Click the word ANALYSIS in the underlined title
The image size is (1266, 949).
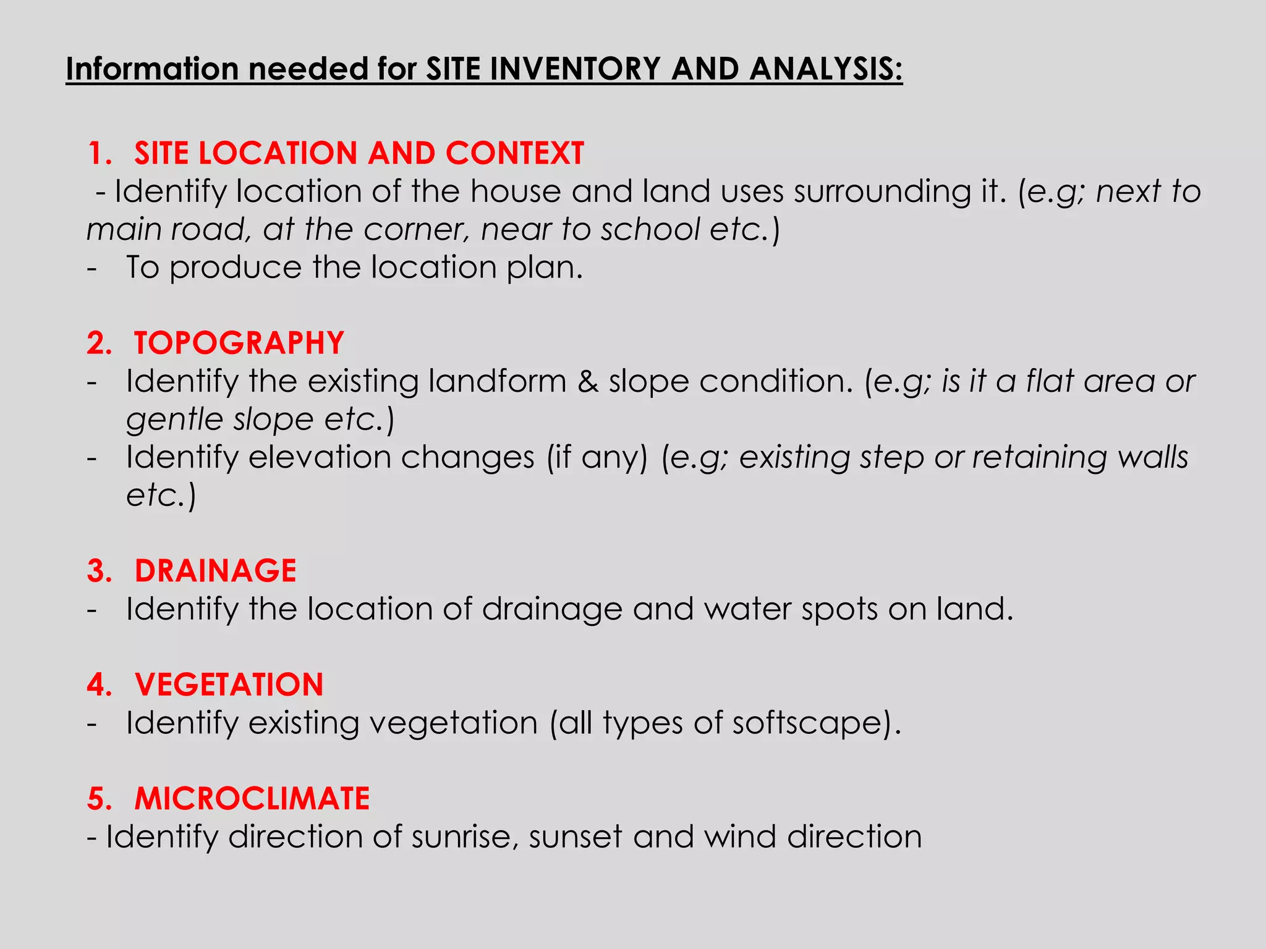click(826, 69)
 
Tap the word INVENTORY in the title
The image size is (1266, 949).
click(576, 69)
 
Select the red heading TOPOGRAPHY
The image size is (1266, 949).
click(239, 343)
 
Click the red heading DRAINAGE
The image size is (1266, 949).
click(215, 570)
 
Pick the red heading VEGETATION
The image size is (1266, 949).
click(229, 685)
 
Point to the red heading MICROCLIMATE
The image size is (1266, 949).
click(252, 798)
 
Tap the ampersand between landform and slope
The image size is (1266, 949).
click(588, 381)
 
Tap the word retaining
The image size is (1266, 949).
click(1039, 458)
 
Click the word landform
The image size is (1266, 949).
click(497, 381)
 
